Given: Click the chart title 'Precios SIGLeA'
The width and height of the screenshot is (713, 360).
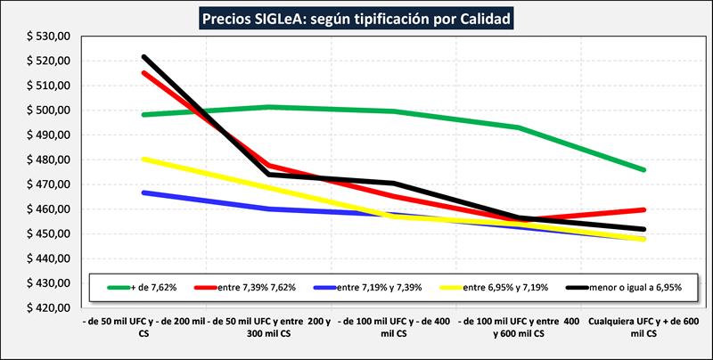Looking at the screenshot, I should [x=357, y=18].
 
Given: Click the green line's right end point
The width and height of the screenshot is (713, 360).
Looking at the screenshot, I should [x=643, y=169].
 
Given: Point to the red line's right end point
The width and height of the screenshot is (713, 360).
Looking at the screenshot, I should [x=643, y=209].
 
